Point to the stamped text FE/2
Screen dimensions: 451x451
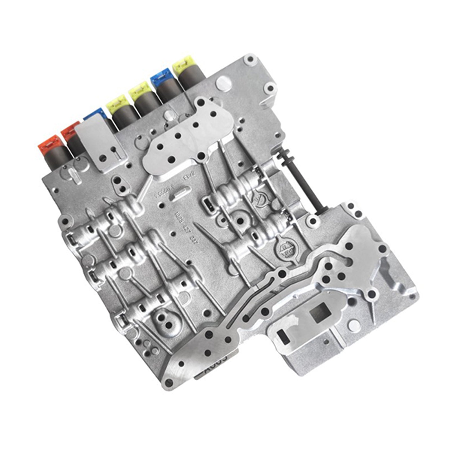[187, 178]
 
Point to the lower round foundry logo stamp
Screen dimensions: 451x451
[284, 248]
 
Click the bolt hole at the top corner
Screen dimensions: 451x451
[250, 59]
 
